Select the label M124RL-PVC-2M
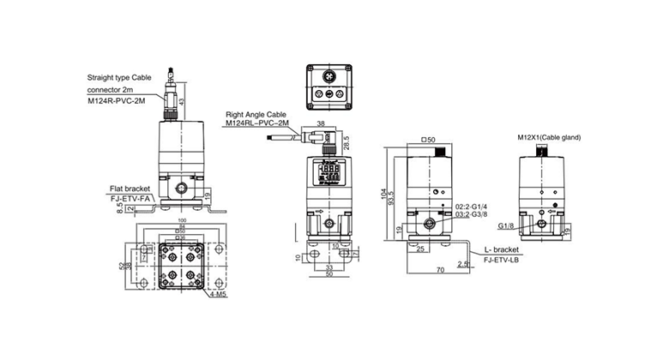pos(258,123)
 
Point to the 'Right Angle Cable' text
pos(256,113)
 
